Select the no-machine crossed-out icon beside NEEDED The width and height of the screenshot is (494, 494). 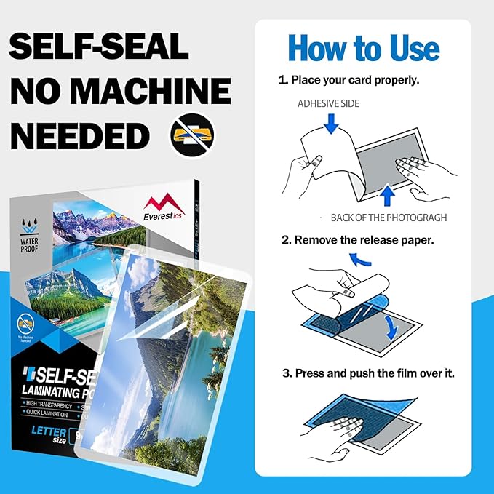(x=192, y=135)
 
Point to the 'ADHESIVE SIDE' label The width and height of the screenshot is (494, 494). (x=328, y=104)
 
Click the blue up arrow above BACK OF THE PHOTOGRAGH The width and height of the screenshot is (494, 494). (x=387, y=195)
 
